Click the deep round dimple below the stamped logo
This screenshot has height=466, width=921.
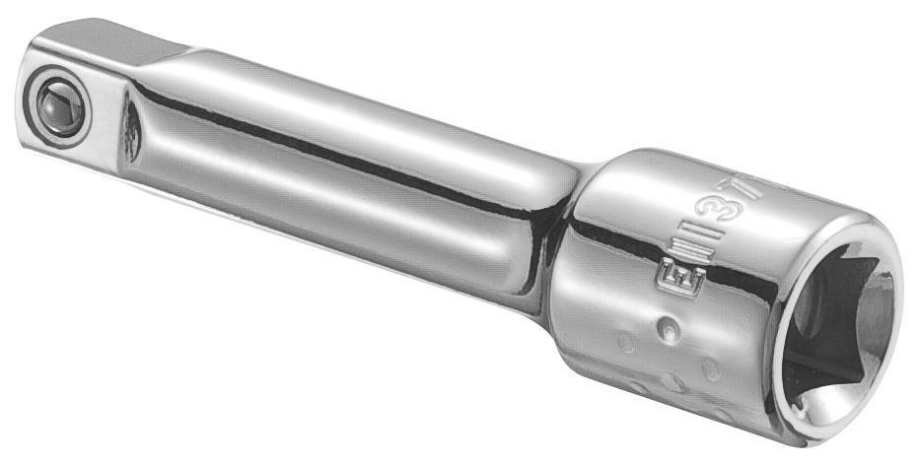coord(670,326)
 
